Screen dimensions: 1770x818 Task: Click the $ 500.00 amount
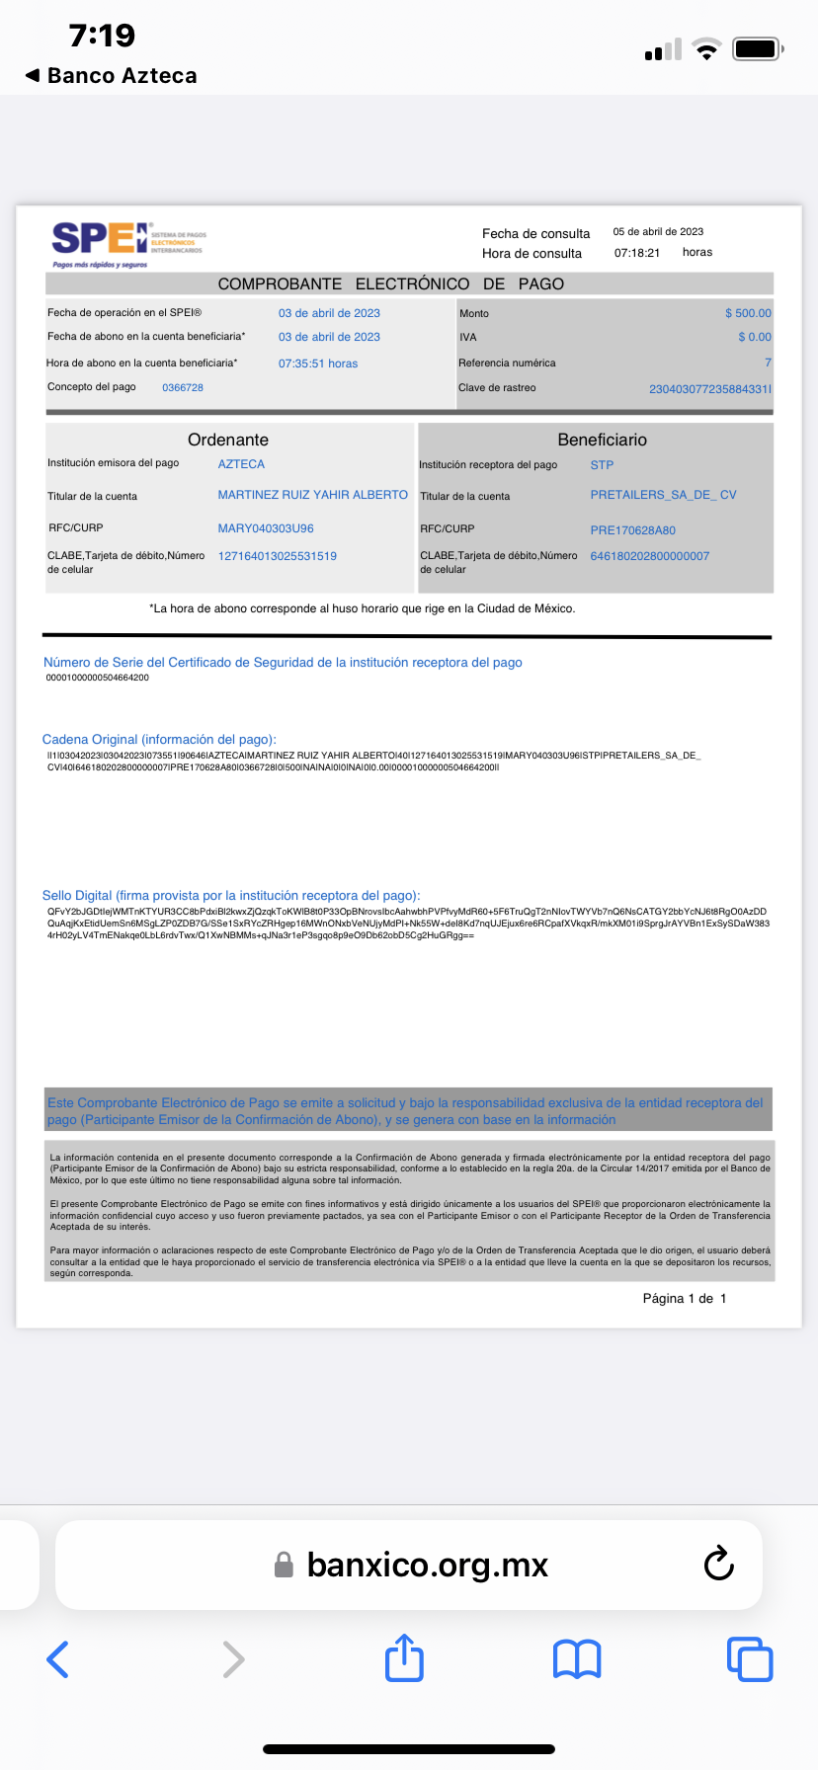point(748,313)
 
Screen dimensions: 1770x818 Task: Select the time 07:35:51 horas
point(318,363)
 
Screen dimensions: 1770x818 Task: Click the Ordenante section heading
point(228,440)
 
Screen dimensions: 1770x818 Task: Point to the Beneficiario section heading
point(602,440)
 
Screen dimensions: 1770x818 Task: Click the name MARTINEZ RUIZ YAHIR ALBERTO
point(312,495)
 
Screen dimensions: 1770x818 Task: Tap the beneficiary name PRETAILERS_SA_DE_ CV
point(663,495)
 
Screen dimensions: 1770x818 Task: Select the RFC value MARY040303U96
point(266,528)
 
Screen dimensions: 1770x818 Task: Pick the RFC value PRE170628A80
point(632,530)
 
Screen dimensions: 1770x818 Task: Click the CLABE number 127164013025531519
point(278,556)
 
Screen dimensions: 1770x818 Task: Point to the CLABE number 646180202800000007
point(649,556)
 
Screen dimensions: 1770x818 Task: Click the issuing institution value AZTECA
point(241,464)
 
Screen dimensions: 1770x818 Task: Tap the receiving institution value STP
point(602,465)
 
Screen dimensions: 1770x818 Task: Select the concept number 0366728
point(183,387)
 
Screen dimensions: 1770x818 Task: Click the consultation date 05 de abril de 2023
point(658,232)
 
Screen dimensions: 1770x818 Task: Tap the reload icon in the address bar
point(718,1564)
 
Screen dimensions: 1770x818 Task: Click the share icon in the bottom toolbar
point(404,1658)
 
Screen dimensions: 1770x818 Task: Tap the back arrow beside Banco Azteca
point(33,75)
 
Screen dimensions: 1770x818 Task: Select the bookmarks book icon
point(577,1659)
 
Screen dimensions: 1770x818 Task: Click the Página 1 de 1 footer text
point(684,1299)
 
